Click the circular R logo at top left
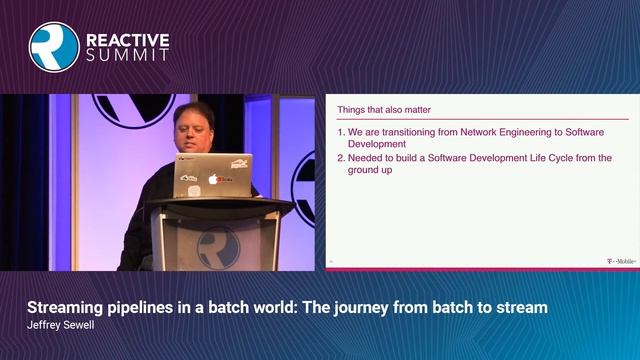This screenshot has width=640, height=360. click(x=53, y=46)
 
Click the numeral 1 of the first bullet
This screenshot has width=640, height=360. click(x=340, y=132)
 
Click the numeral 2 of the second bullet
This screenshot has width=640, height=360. click(x=340, y=158)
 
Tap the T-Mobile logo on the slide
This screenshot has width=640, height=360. click(x=620, y=262)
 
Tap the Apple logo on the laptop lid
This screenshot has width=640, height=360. click(x=212, y=180)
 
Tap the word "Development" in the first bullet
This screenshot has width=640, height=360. click(x=374, y=144)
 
